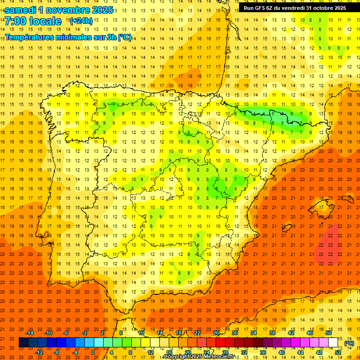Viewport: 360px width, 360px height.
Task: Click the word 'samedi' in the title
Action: (x=22, y=10)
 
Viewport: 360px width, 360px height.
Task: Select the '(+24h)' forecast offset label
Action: (x=81, y=21)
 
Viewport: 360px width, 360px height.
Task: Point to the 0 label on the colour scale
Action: (x=93, y=352)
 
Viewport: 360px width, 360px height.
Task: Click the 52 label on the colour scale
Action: (x=338, y=352)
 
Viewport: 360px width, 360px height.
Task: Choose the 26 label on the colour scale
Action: (x=216, y=333)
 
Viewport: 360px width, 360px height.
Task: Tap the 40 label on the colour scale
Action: (x=282, y=352)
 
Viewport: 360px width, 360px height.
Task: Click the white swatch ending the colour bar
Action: (x=333, y=343)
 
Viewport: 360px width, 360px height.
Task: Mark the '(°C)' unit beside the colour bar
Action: (x=349, y=343)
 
